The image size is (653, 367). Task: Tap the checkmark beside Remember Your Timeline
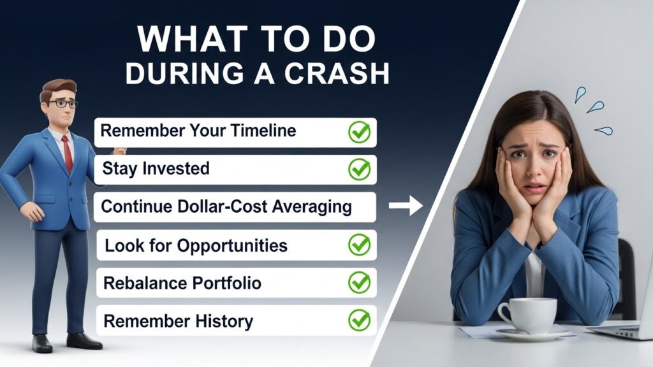(359, 132)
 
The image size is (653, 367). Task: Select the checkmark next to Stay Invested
(359, 169)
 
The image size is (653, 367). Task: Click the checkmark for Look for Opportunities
(359, 246)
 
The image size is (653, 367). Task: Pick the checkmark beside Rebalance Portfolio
(359, 282)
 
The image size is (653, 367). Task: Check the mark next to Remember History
(359, 320)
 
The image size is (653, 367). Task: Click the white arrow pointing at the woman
(406, 205)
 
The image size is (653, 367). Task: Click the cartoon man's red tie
(67, 154)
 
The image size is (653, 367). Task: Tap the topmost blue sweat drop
(580, 95)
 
